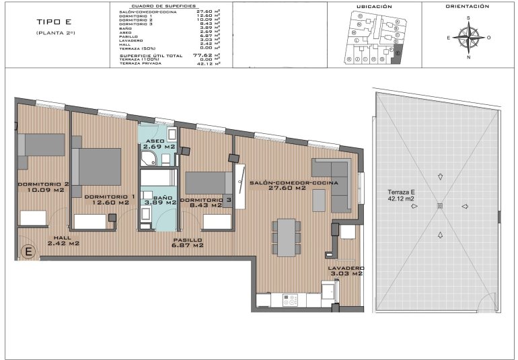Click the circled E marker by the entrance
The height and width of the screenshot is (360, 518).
pos(29,253)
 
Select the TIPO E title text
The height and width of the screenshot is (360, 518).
pos(50,22)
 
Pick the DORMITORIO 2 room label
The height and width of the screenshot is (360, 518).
pos(44,187)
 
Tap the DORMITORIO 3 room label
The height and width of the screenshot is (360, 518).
pos(206,203)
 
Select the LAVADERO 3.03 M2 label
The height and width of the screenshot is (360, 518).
pos(346,271)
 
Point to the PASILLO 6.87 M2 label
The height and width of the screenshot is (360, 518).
pos(188,243)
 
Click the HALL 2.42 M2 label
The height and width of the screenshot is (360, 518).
pos(63,240)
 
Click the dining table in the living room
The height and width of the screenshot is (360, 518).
pos(287,236)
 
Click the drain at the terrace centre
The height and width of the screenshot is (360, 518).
pos(439,205)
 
